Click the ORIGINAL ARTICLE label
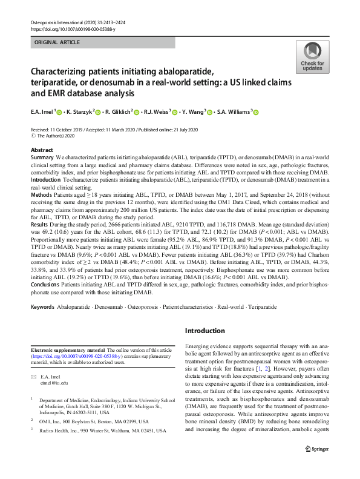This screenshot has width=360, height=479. click(x=56, y=42)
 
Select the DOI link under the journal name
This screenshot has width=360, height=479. click(x=68, y=29)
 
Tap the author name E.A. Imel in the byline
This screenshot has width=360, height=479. click(x=41, y=112)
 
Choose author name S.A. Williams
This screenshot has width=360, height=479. click(x=231, y=112)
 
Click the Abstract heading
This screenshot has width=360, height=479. click(x=41, y=150)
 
